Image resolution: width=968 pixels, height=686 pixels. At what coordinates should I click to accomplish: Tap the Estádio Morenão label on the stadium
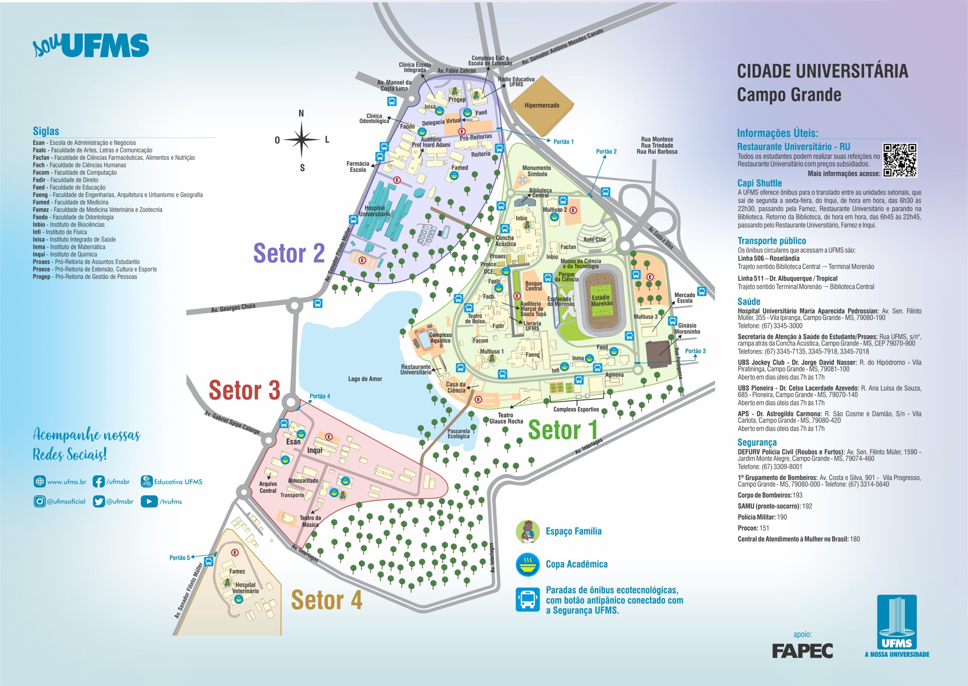[x=602, y=300]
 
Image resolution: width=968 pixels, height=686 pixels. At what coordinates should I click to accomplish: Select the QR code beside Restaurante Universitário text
[x=900, y=160]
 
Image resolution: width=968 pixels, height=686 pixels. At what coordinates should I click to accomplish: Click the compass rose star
[x=301, y=139]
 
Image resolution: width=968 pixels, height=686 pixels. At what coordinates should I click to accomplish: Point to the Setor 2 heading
[x=289, y=253]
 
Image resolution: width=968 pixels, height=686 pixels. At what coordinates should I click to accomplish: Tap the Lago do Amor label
[x=365, y=379]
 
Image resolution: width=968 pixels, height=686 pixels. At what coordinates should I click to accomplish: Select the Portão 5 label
[x=179, y=558]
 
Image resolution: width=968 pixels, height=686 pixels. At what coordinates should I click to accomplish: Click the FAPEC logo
[x=802, y=651]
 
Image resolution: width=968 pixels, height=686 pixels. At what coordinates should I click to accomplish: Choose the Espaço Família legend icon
[x=527, y=531]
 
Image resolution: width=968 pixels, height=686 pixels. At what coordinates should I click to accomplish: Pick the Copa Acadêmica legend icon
[x=527, y=564]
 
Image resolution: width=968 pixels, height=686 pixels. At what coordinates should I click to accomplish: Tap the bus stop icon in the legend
[x=527, y=599]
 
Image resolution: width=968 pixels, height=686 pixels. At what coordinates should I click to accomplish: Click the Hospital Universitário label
[x=374, y=211]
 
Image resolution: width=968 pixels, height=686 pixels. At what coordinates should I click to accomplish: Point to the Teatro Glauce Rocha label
[x=506, y=418]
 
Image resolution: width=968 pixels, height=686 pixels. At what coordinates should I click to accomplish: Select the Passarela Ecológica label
[x=458, y=434]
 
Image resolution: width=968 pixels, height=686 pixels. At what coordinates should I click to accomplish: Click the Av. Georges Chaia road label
[x=233, y=308]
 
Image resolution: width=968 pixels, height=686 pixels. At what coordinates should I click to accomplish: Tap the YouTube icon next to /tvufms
[x=149, y=501]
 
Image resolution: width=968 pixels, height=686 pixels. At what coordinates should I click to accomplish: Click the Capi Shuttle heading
[x=759, y=183]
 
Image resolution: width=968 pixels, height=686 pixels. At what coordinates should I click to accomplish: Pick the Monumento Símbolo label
[x=537, y=171]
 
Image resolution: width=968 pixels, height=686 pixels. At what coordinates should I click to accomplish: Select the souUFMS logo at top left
[x=91, y=46]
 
